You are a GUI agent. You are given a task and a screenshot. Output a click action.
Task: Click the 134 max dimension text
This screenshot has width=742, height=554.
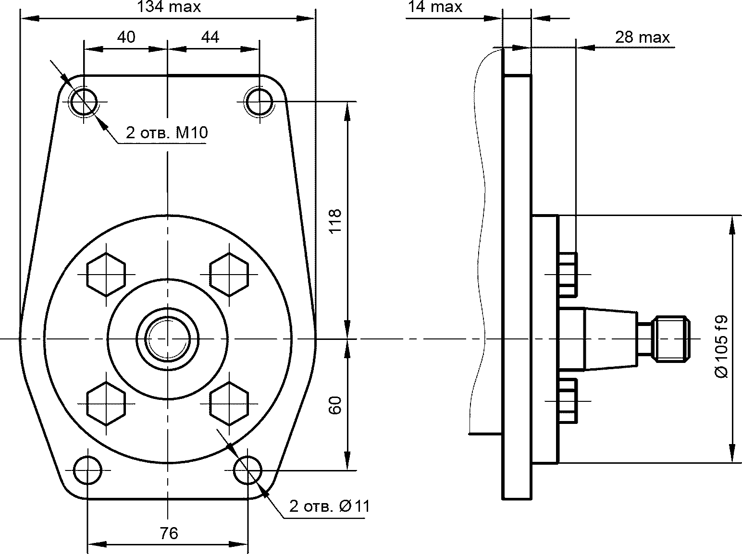[169, 7]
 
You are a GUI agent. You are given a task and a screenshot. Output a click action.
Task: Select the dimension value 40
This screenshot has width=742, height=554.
[126, 37]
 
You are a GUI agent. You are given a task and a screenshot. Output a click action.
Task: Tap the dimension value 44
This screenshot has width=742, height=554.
[210, 37]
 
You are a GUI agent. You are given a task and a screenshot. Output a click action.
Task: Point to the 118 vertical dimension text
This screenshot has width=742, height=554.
[335, 221]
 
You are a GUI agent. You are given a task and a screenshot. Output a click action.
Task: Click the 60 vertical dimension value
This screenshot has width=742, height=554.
[335, 406]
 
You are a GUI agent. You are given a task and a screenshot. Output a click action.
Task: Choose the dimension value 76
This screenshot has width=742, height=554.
[169, 533]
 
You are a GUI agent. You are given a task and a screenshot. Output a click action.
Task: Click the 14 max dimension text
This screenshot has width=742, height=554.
[435, 7]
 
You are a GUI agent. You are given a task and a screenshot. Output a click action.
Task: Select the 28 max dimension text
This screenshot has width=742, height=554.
[642, 37]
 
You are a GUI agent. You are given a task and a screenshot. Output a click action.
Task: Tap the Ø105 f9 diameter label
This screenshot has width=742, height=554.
[721, 347]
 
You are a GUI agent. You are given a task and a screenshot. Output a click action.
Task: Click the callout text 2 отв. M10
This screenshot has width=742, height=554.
[167, 132]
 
